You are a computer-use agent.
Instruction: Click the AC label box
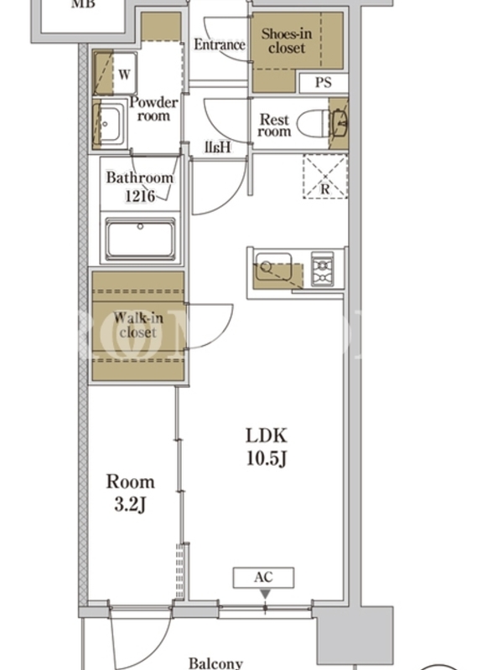[x=263, y=577]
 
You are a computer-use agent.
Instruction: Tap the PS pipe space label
[x=324, y=82]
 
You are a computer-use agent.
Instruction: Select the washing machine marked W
[x=115, y=74]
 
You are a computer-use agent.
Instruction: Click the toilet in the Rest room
[x=317, y=124]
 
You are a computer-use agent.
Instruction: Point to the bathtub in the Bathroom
[x=140, y=240]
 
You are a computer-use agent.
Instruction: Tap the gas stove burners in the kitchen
[x=323, y=269]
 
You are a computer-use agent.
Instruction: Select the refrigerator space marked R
[x=325, y=176]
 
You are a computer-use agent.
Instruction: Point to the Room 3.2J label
[x=130, y=492]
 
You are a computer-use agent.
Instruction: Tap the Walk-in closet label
[x=138, y=325]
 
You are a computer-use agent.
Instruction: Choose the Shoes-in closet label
[x=287, y=40]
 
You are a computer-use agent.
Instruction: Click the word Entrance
[x=220, y=44]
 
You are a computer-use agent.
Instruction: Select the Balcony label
[x=215, y=663]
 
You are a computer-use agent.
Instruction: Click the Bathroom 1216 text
[x=140, y=186]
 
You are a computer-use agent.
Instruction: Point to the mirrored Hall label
[x=218, y=147]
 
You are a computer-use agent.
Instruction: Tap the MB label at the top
[x=83, y=4]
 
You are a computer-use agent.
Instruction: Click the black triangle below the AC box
[x=265, y=595]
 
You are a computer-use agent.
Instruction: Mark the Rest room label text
[x=274, y=125]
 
